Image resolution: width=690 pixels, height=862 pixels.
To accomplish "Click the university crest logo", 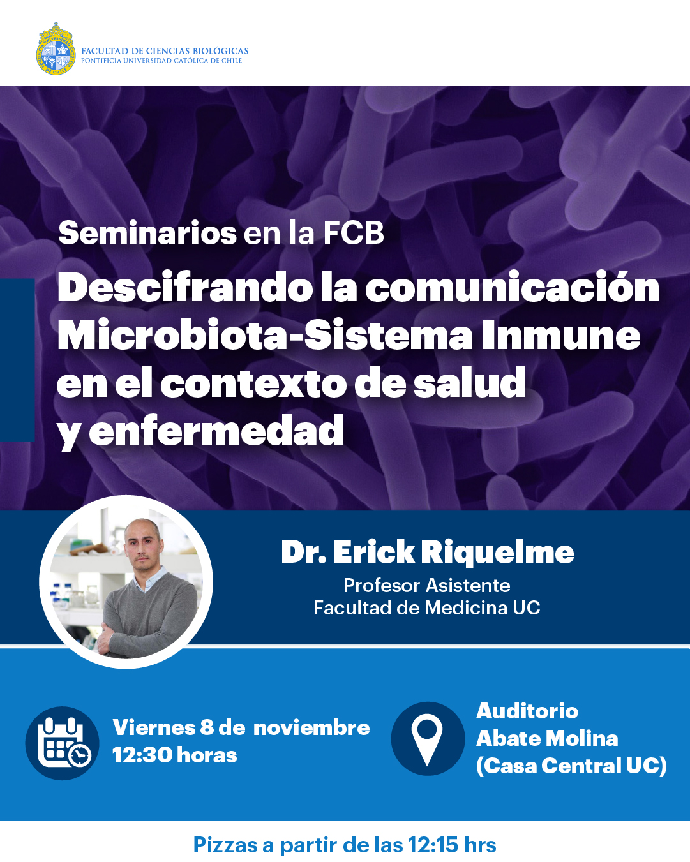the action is tap(56, 49).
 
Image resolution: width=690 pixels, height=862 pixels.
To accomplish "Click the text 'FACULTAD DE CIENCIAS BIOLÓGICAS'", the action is tap(165, 51).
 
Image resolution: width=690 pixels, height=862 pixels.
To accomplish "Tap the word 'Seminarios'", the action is tap(147, 233).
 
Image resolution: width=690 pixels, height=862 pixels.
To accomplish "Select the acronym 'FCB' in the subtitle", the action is tap(354, 233).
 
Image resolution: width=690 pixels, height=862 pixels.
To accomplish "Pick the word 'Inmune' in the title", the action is tap(560, 335).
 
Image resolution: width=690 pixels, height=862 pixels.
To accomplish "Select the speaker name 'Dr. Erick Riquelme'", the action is tap(427, 552).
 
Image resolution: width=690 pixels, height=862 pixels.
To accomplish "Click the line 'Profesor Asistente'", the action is tap(427, 586).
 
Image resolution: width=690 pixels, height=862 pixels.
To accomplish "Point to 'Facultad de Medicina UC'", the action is tap(427, 607).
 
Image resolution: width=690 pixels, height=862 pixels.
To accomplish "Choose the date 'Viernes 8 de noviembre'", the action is tap(241, 727).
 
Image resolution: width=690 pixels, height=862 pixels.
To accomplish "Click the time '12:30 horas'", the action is tap(175, 755).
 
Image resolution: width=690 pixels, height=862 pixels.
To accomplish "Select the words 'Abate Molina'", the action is tap(547, 738).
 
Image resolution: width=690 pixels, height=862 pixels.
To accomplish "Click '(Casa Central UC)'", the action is tap(571, 766).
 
